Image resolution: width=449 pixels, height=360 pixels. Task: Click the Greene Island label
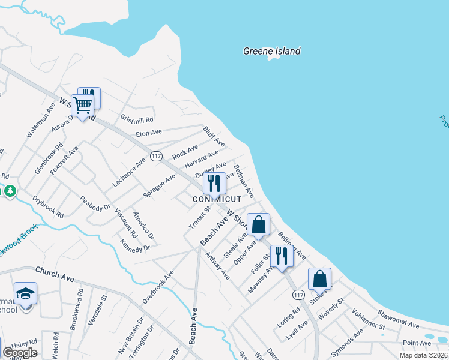(x=271, y=51)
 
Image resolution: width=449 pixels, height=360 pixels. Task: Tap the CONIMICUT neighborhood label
(x=217, y=199)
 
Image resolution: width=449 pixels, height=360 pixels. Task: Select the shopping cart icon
(x=83, y=106)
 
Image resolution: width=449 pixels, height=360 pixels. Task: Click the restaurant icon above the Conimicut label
(x=214, y=182)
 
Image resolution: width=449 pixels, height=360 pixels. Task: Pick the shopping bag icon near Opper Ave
(x=258, y=224)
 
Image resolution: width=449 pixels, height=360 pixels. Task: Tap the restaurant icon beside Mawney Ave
(x=281, y=255)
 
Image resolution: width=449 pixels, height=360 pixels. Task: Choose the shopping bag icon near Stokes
(x=319, y=278)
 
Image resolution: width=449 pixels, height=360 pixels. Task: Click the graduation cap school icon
(x=25, y=294)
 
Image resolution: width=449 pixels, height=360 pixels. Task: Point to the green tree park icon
(x=10, y=191)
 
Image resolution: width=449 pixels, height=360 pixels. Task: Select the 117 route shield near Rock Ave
(x=157, y=156)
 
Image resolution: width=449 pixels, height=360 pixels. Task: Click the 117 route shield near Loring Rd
(x=298, y=295)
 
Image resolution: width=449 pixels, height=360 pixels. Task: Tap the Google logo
(x=19, y=353)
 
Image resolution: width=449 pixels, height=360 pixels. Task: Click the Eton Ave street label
(x=149, y=132)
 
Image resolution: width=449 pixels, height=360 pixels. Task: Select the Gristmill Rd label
(x=137, y=119)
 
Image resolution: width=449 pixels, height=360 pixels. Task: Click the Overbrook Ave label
(x=158, y=286)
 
